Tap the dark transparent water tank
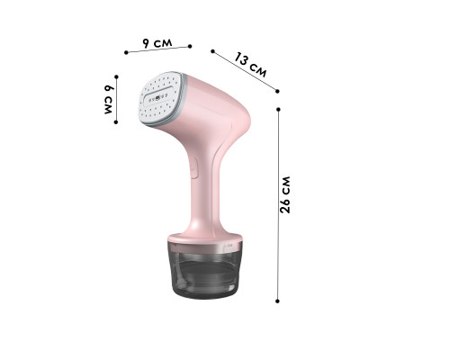(206, 274)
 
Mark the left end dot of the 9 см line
(127, 52)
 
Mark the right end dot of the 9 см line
(190, 44)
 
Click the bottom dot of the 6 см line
(116, 123)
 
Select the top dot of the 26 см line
(279, 109)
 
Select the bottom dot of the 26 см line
(279, 301)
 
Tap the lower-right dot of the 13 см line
(280, 90)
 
